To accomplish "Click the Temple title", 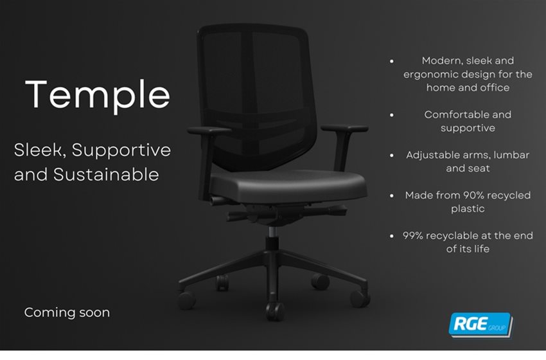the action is (x=98, y=94).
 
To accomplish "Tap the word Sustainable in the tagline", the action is (x=106, y=174).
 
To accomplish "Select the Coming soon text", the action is (x=67, y=312).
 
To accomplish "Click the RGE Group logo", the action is (x=480, y=325).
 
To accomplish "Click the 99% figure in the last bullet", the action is (x=412, y=235).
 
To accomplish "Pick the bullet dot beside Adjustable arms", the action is (x=392, y=156).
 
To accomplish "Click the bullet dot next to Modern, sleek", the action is (x=392, y=61).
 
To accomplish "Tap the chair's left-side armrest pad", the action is (x=209, y=130).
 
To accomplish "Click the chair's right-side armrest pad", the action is (x=344, y=128).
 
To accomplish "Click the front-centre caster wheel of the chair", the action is (x=275, y=311).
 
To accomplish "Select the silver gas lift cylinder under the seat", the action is (x=274, y=231).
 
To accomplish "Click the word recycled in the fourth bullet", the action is (x=509, y=195).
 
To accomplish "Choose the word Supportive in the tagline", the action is (x=121, y=150).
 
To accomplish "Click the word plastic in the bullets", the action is (x=468, y=209).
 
